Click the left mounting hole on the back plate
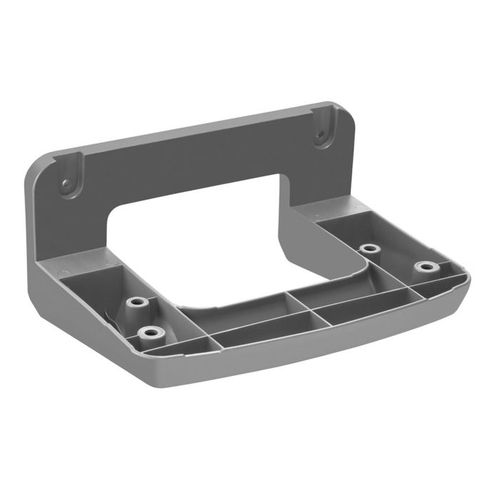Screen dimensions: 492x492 point(66,184)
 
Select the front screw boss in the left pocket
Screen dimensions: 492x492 point(148,332)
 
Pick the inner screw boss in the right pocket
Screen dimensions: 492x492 point(369,249)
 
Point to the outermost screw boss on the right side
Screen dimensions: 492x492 point(426,267)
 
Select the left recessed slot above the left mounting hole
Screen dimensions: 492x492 point(73,166)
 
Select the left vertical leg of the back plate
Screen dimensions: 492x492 point(71,228)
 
